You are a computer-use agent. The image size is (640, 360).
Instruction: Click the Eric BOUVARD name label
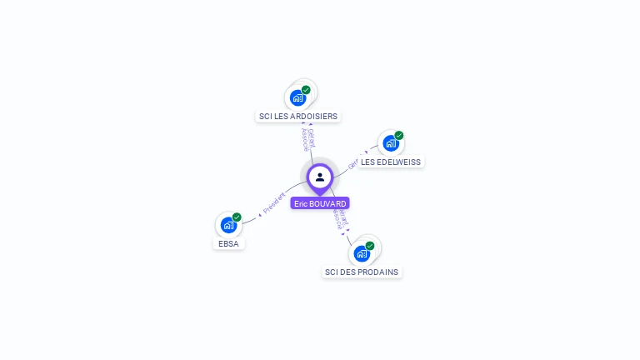(x=320, y=203)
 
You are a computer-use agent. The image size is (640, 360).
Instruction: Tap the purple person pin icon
(x=320, y=177)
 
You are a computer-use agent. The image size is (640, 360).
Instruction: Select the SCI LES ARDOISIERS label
(x=298, y=117)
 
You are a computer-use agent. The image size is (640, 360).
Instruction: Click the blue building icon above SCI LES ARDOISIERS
(x=297, y=97)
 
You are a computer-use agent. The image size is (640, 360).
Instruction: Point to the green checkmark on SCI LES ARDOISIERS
(x=306, y=90)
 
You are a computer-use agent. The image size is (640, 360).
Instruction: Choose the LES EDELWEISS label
(x=392, y=162)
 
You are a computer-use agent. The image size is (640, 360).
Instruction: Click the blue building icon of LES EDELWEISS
(x=390, y=142)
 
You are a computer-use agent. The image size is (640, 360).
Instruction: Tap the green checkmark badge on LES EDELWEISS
(x=399, y=135)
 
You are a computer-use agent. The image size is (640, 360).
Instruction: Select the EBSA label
(x=228, y=244)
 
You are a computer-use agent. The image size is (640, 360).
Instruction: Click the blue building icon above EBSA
(x=228, y=225)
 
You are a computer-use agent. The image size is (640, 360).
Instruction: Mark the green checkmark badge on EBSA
(x=237, y=217)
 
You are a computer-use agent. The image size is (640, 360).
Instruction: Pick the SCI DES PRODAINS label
(x=362, y=272)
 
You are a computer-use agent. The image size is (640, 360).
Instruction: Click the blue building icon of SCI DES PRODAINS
(x=362, y=252)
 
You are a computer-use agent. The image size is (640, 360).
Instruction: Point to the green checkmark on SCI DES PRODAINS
(x=370, y=245)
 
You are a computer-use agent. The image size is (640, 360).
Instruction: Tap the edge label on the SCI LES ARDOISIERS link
(x=307, y=139)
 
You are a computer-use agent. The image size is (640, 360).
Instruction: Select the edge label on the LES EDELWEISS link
(x=353, y=162)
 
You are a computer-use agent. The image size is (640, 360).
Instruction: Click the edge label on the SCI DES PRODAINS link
(x=340, y=219)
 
